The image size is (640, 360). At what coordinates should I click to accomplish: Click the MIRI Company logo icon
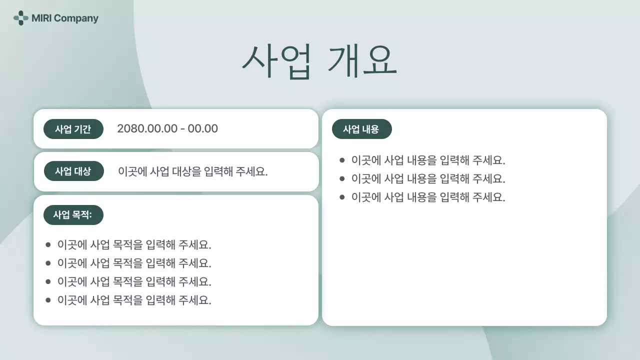(x=20, y=18)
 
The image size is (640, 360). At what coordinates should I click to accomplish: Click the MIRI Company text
(x=65, y=18)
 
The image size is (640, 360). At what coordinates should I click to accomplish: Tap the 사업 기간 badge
(x=73, y=129)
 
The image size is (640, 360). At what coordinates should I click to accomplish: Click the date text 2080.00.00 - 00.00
(x=167, y=128)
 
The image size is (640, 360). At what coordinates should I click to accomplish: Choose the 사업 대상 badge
(x=73, y=171)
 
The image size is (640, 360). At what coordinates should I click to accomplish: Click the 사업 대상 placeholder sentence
(x=193, y=171)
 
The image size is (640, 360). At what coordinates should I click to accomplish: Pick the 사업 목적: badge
(x=73, y=215)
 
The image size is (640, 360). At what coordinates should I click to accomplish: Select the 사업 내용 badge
(x=361, y=129)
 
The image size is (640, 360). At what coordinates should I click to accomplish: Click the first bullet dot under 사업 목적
(x=48, y=244)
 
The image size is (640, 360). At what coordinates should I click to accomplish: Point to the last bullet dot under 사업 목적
(x=48, y=300)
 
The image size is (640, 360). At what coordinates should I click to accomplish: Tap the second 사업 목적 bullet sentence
(x=134, y=263)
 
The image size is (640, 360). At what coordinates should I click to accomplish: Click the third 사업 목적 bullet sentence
(x=134, y=281)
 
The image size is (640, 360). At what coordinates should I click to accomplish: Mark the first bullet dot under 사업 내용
(x=342, y=160)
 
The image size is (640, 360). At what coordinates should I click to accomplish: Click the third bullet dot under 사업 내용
(x=342, y=197)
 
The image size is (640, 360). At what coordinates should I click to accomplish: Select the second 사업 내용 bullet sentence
(x=428, y=178)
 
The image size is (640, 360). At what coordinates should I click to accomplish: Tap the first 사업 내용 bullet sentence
(x=428, y=160)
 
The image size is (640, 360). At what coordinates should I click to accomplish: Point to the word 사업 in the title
(x=277, y=61)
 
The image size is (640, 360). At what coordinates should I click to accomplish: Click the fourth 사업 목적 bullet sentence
(x=134, y=300)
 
